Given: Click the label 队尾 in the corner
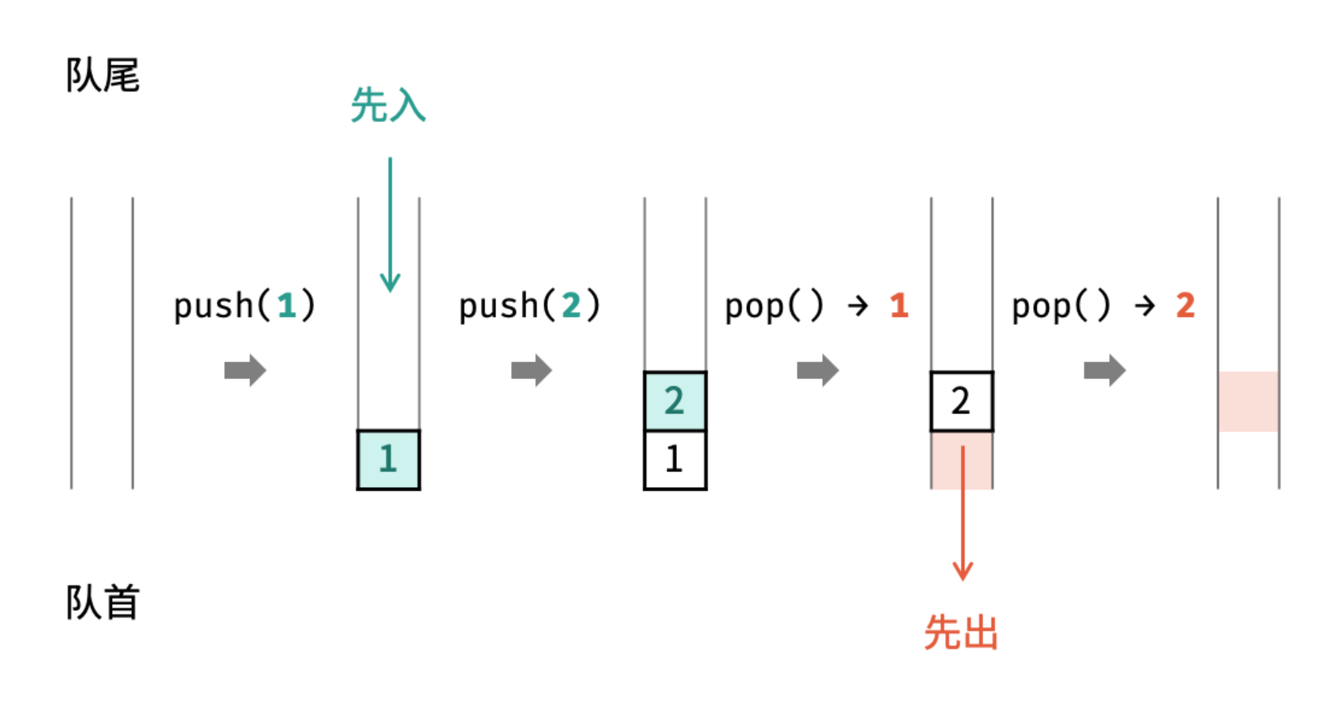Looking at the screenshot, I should pyautogui.click(x=102, y=75).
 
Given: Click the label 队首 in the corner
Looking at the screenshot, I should pyautogui.click(x=102, y=602).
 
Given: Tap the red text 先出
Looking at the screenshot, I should pyautogui.click(x=961, y=632).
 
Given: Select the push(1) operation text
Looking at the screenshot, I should pyautogui.click(x=244, y=305).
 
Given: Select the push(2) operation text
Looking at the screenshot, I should pyautogui.click(x=530, y=305).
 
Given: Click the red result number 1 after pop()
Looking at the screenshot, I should pyautogui.click(x=899, y=305).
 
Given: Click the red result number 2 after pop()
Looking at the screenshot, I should pyautogui.click(x=1185, y=305).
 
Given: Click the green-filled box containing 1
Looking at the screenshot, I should pyautogui.click(x=388, y=459).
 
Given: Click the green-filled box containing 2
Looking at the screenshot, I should pyautogui.click(x=675, y=401).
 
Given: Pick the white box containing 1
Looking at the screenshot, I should pyautogui.click(x=675, y=459).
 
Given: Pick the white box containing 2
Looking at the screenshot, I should pyautogui.click(x=961, y=401).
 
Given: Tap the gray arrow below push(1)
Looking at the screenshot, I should pyautogui.click(x=245, y=370).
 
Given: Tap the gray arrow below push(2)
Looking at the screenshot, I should pyautogui.click(x=531, y=370).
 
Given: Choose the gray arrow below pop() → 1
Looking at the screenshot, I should pyautogui.click(x=818, y=370).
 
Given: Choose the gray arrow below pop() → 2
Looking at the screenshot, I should pyautogui.click(x=1105, y=370).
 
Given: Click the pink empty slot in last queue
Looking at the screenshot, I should pyautogui.click(x=1248, y=401).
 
